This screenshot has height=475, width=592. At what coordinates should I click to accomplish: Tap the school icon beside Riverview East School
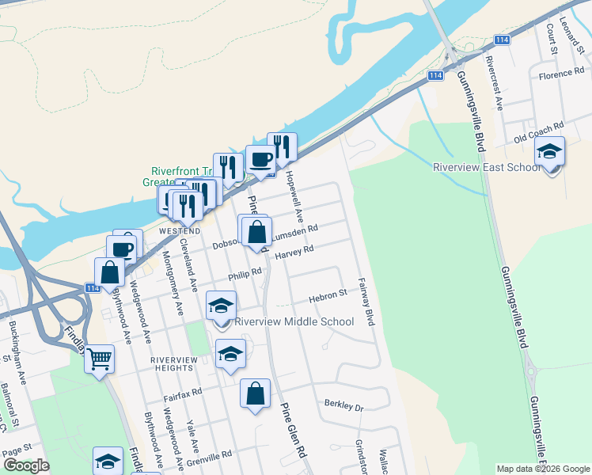[550, 152]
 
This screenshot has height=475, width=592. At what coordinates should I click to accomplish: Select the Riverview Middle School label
[294, 321]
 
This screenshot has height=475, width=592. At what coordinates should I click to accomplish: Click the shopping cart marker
[100, 360]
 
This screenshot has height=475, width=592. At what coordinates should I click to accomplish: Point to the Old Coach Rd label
[538, 127]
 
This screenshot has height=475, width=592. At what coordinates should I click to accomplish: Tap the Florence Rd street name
[561, 75]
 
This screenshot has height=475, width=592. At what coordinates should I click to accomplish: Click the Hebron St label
[328, 294]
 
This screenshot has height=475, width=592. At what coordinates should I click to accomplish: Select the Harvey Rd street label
[294, 253]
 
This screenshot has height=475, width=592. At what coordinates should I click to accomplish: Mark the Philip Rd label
[245, 274]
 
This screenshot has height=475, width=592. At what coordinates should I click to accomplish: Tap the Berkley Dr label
[343, 405]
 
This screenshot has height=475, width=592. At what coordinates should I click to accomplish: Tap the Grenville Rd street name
[211, 455]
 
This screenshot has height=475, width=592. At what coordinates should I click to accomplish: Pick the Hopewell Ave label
[294, 197]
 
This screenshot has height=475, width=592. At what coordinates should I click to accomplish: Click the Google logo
[26, 465]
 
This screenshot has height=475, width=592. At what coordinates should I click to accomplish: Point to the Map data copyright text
[543, 469]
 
